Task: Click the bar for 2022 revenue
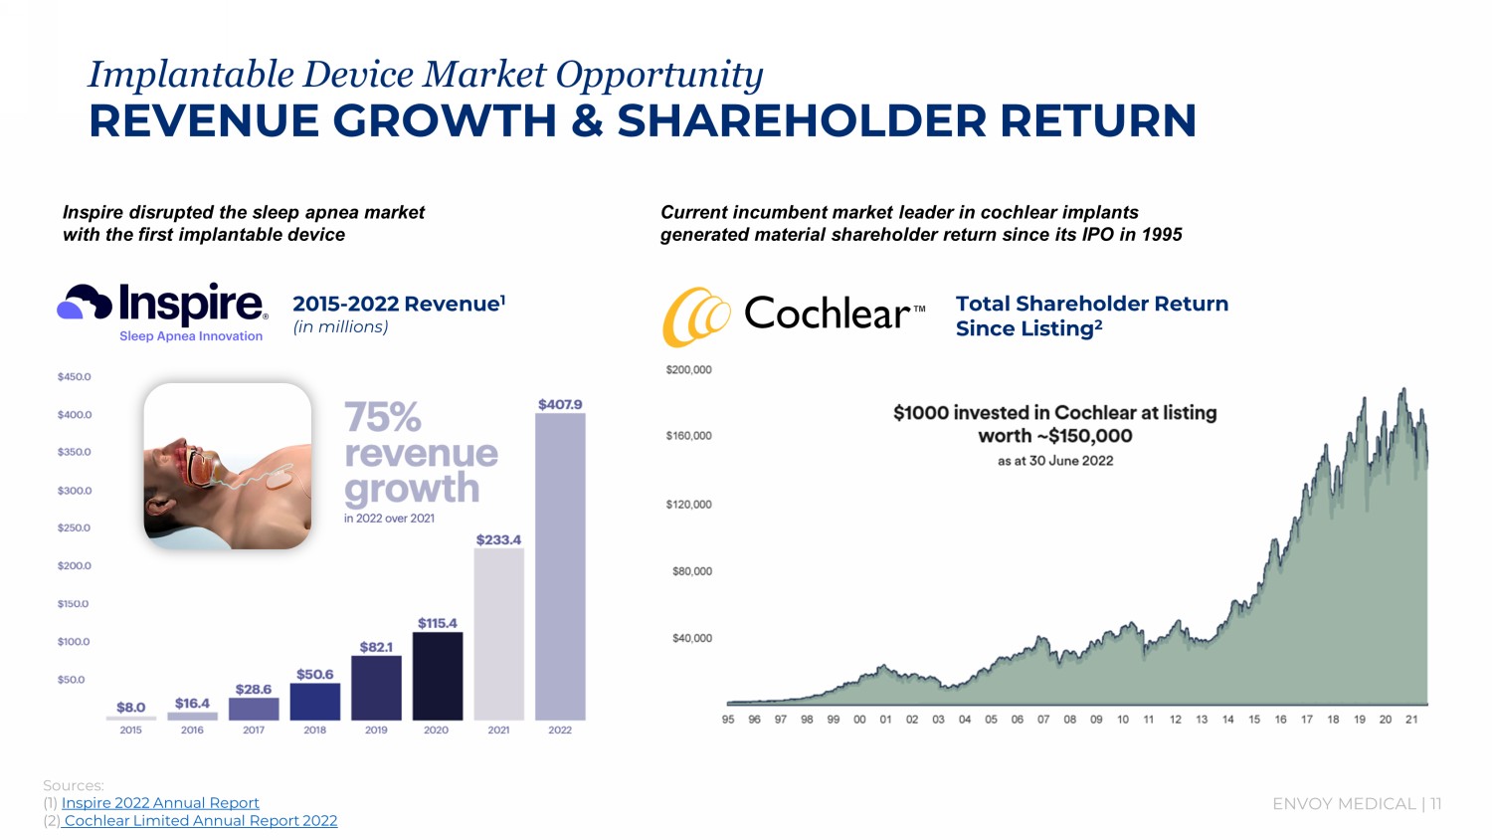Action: (560, 567)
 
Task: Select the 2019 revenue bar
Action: (376, 688)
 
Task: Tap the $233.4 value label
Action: (498, 539)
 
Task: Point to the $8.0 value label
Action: (130, 708)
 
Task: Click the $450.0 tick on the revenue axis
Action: (75, 377)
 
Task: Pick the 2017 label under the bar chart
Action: (254, 730)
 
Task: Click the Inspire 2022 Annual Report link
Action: (160, 803)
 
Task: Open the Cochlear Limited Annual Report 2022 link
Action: (200, 821)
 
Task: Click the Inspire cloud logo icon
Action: (85, 302)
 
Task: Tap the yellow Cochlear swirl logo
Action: (696, 316)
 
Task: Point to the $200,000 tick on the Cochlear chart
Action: (688, 370)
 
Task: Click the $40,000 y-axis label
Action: (692, 638)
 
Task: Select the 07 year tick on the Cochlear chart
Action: (1043, 720)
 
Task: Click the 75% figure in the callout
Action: (383, 418)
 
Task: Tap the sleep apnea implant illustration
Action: (228, 466)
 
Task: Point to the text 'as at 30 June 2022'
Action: (1055, 461)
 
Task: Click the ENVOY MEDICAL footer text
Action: (1344, 804)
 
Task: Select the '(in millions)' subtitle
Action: (340, 327)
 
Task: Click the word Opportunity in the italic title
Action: (658, 75)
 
